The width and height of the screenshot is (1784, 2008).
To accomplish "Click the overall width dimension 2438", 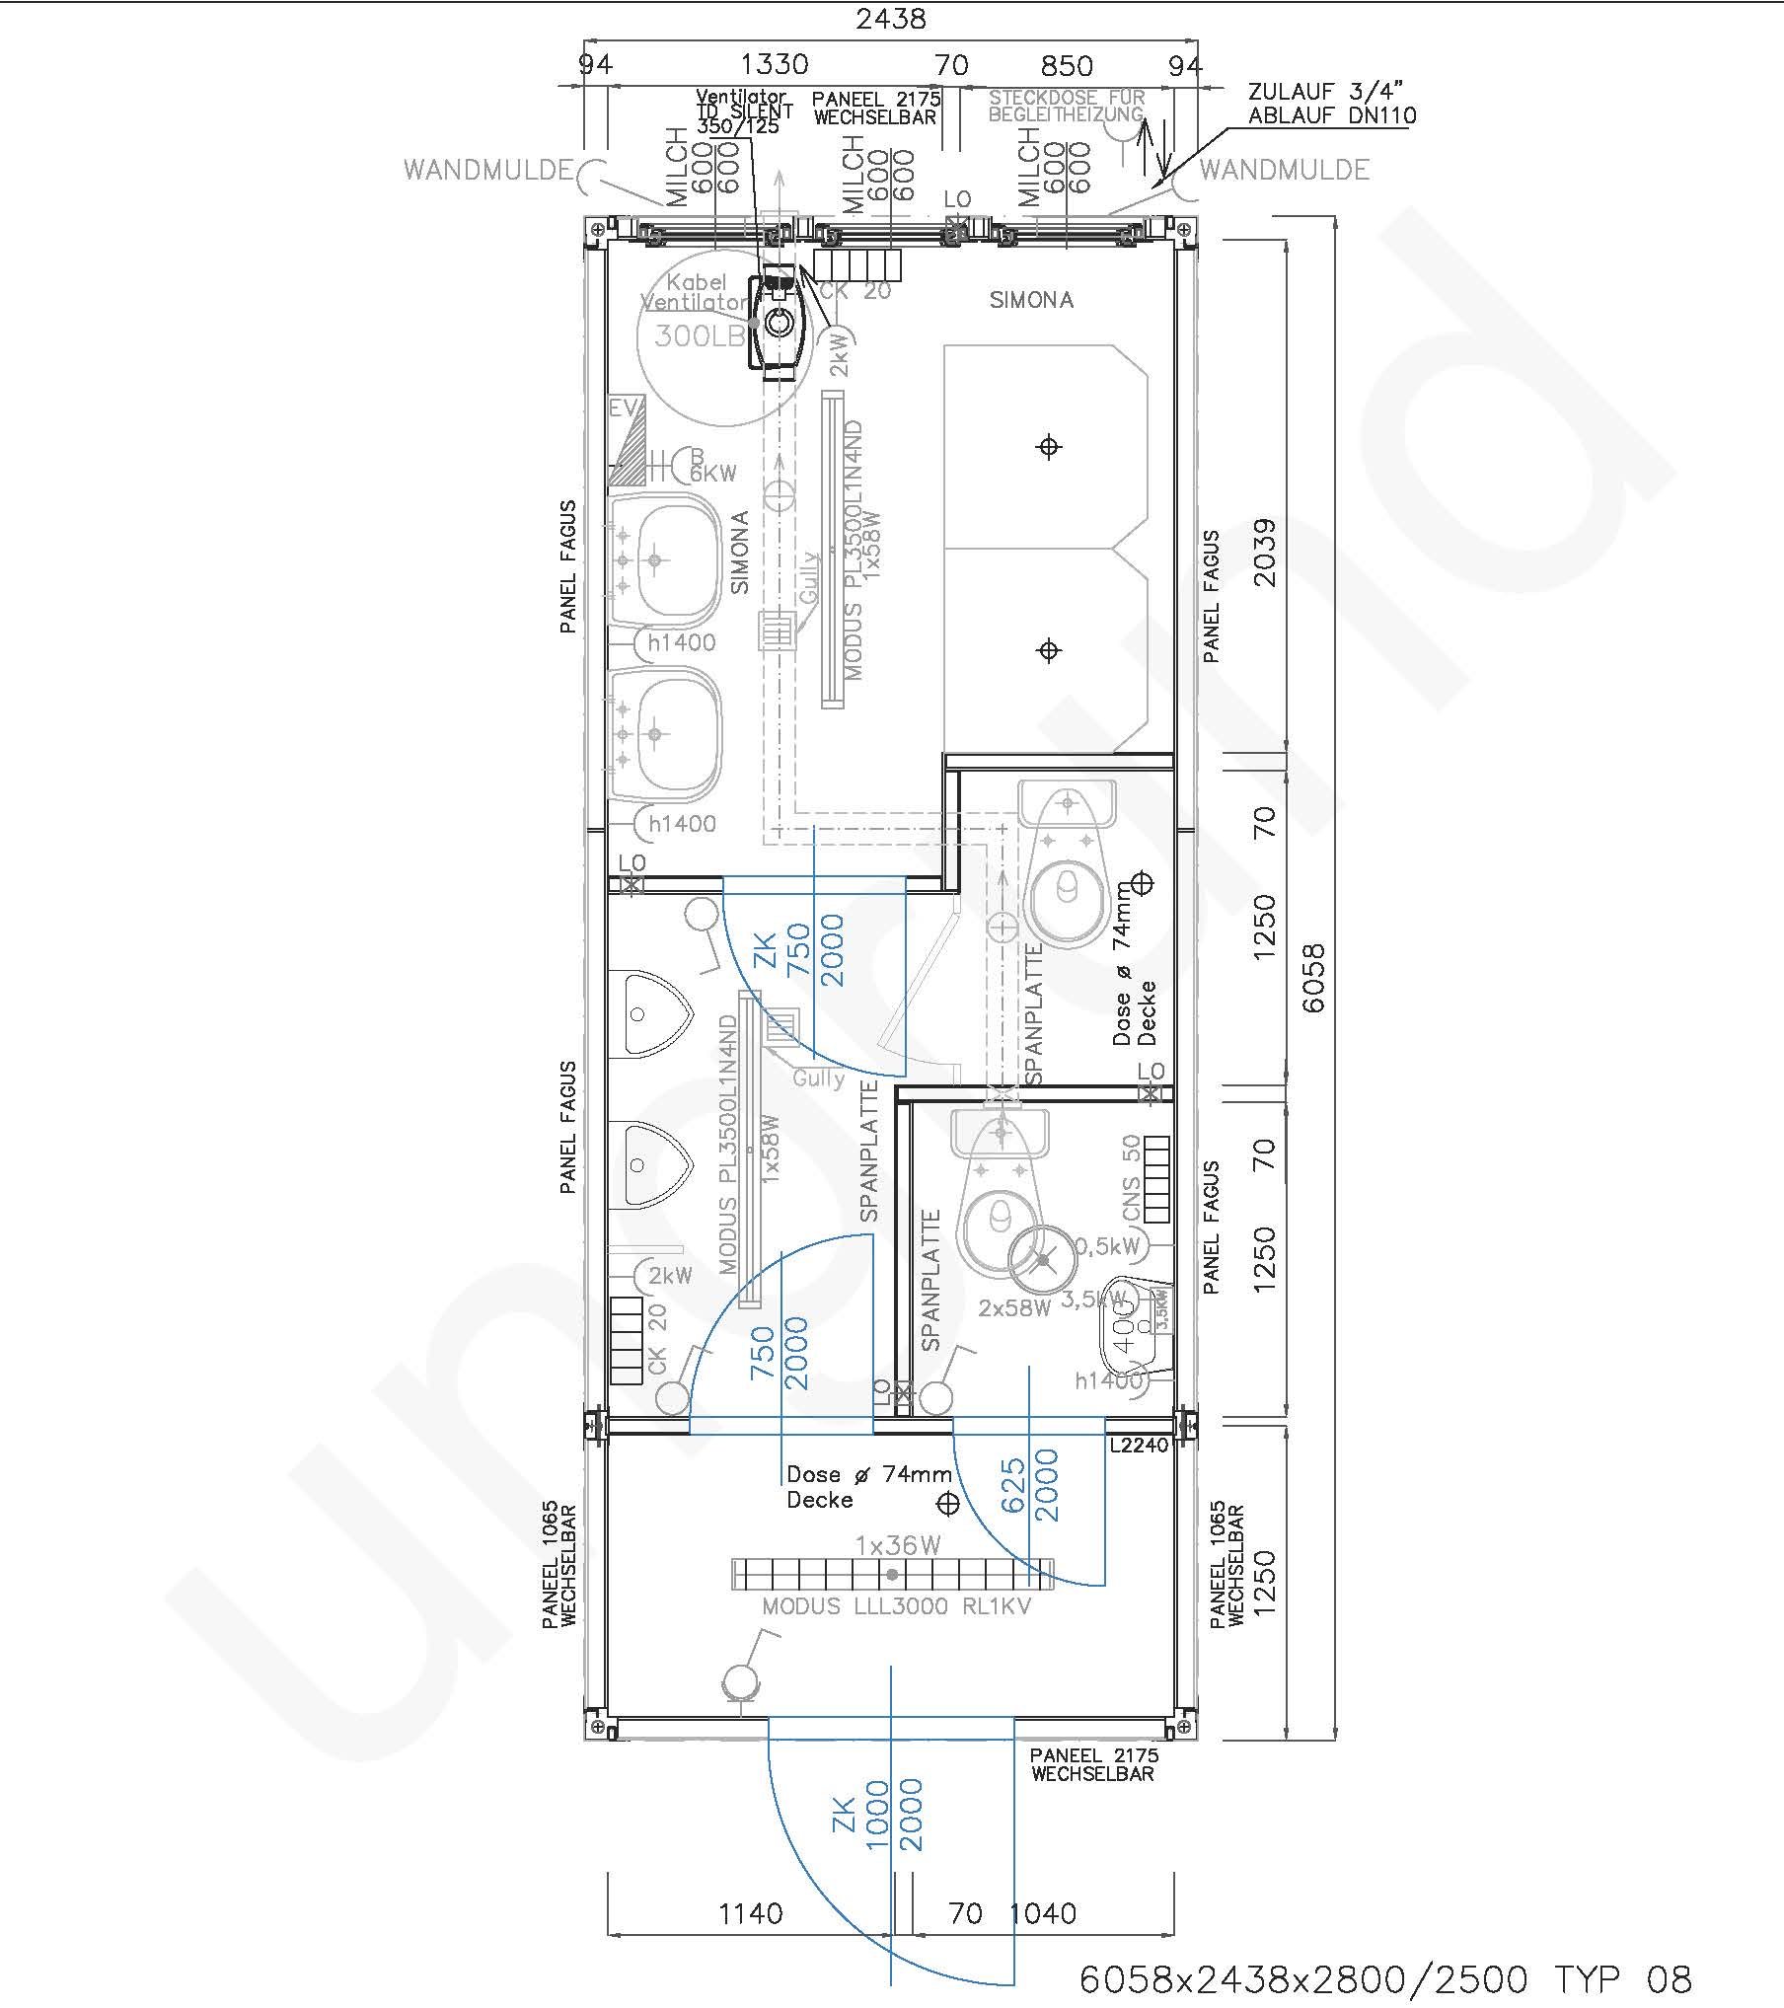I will pyautogui.click(x=890, y=19).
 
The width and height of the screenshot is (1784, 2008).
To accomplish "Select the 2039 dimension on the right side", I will pyautogui.click(x=1264, y=553).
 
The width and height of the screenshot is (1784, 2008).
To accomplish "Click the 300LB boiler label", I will pyautogui.click(x=699, y=336).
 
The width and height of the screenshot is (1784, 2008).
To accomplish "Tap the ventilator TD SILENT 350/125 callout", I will pyautogui.click(x=742, y=112).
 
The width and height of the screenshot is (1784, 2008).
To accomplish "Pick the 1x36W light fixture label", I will pyautogui.click(x=897, y=1545).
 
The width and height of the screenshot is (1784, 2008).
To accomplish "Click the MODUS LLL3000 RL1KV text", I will pyautogui.click(x=896, y=1606).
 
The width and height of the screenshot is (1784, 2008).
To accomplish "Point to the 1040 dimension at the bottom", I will pyautogui.click(x=1044, y=1914).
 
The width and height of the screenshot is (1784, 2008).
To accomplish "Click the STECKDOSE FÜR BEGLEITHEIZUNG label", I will pyautogui.click(x=1067, y=107).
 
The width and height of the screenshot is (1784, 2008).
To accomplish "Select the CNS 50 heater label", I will pyautogui.click(x=1131, y=1177).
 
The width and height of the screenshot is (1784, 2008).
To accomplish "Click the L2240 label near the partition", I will pyautogui.click(x=1139, y=1446).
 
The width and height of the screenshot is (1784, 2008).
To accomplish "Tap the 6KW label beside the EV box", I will pyautogui.click(x=712, y=473).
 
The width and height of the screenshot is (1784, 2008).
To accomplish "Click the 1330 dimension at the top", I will pyautogui.click(x=775, y=65).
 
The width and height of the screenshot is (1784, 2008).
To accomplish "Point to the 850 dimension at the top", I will pyautogui.click(x=1067, y=66).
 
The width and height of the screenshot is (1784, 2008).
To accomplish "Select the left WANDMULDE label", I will pyautogui.click(x=487, y=170).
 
